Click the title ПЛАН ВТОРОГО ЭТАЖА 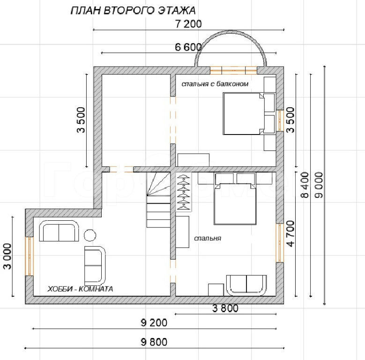133,10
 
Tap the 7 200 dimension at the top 188,24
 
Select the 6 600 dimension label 188,47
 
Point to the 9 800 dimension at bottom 154,342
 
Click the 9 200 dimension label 154,323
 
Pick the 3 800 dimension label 225,308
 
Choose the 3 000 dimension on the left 7,256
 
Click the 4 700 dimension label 291,233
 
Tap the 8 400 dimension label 305,185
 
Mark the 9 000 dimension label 319,185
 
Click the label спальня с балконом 215,84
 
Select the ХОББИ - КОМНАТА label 80,289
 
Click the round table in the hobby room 89,235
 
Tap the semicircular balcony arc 231,31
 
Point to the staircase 158,200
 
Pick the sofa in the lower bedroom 246,285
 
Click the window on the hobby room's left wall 30,256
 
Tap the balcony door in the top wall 233,70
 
